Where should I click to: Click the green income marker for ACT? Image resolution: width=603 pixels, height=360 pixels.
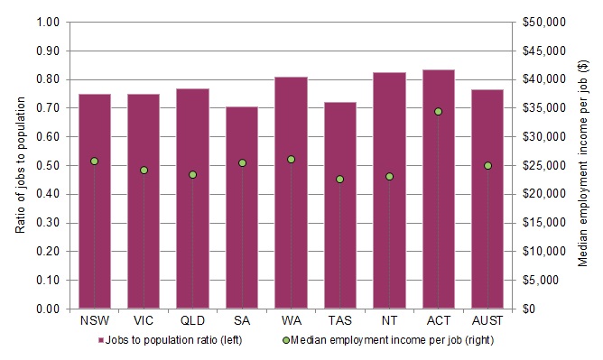[439, 111]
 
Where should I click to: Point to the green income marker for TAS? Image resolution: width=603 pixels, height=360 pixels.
[340, 179]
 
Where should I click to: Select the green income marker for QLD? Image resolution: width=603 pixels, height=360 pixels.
[192, 174]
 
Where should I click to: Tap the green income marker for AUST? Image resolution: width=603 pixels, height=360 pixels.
[487, 165]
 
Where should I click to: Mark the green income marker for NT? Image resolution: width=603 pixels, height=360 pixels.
[389, 176]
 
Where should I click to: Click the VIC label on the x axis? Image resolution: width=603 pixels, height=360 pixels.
[144, 320]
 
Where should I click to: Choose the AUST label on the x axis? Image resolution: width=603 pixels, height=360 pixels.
[487, 320]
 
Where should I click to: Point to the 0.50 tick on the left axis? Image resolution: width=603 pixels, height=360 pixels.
[50, 165]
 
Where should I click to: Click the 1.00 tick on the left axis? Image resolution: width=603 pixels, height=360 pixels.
[50, 22]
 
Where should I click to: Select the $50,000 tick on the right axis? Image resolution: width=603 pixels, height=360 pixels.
[542, 22]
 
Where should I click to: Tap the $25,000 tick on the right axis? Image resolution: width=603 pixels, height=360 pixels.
[542, 165]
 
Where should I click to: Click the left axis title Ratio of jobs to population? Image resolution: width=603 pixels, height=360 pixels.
[20, 165]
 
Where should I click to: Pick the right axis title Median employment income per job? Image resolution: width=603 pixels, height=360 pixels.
[582, 165]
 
